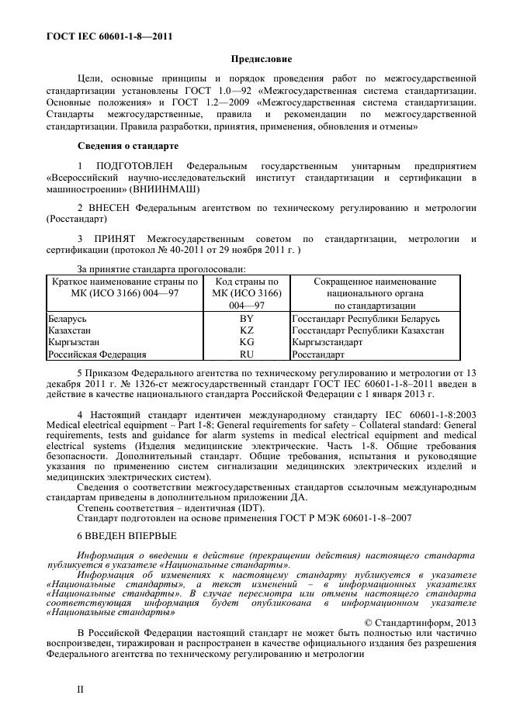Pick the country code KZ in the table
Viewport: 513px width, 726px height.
(x=247, y=330)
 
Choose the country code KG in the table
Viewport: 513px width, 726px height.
(x=247, y=342)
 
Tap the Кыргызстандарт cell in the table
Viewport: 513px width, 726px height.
(x=327, y=342)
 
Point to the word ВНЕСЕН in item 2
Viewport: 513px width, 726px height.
(x=110, y=209)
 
